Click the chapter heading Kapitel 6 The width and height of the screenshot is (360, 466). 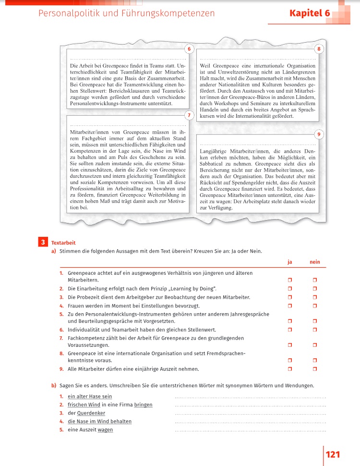click(310, 13)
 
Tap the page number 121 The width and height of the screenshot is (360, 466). click(333, 454)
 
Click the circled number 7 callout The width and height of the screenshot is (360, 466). click(190, 115)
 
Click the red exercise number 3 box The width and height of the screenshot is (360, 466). click(43, 243)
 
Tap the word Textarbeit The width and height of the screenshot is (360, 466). click(63, 243)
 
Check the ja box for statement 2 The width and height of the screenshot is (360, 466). click(290, 288)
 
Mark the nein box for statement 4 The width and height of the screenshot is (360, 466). click(315, 306)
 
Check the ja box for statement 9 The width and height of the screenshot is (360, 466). click(290, 368)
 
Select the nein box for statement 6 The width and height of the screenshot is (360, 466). click(315, 330)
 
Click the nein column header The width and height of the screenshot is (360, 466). click(314, 262)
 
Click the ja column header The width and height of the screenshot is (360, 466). click(290, 262)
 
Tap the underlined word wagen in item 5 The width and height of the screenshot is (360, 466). click(105, 429)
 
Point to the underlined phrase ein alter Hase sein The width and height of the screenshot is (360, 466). click(90, 396)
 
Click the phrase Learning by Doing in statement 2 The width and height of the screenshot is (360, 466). click(192, 288)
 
